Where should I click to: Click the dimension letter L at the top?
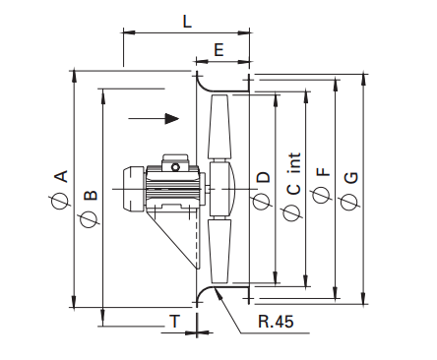click(187, 22)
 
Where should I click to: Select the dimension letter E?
click(218, 50)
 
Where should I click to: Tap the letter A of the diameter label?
click(61, 176)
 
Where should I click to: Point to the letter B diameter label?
click(91, 195)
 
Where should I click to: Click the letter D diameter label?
click(263, 177)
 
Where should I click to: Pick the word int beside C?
click(294, 163)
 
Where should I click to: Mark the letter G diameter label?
click(351, 178)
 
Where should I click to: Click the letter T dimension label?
click(175, 321)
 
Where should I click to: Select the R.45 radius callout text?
click(276, 322)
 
